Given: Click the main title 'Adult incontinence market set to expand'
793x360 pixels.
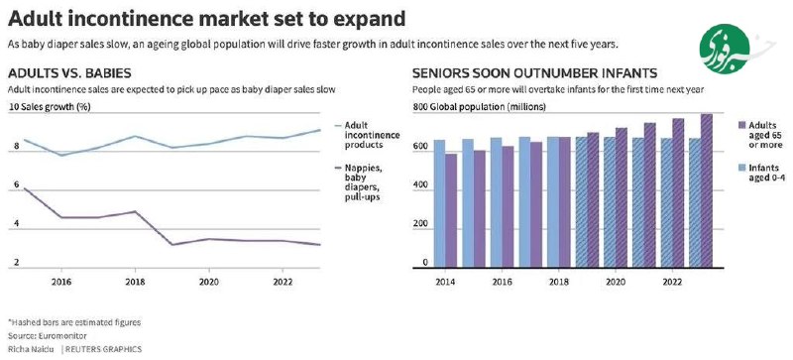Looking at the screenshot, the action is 206,19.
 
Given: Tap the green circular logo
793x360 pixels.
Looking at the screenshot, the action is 725,49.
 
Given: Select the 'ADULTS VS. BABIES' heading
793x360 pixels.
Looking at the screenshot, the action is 69,73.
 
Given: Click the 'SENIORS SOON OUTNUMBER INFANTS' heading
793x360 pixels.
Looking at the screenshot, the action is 534,73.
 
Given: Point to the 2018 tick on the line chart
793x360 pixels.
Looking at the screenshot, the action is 134,282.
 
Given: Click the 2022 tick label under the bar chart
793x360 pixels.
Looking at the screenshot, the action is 671,282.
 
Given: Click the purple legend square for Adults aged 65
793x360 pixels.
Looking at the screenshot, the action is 741,125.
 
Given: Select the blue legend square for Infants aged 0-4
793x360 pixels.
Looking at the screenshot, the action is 741,168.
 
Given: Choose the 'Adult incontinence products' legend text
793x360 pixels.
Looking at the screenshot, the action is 372,135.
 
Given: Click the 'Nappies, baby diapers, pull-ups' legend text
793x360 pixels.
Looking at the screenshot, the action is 363,182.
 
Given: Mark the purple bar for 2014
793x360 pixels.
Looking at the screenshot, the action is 451,210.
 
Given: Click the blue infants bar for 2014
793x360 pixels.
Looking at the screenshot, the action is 439,203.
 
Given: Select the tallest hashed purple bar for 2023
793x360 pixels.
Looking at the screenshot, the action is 707,190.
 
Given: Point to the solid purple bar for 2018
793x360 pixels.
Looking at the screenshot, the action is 564,202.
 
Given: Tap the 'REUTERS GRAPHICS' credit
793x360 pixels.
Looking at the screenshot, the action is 103,349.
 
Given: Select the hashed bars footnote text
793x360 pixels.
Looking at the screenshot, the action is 74,322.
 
